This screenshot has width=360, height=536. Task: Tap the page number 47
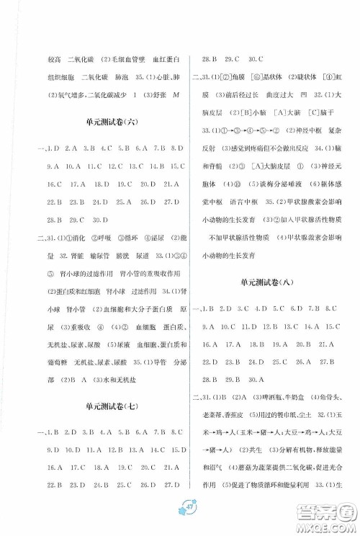click(179, 512)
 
